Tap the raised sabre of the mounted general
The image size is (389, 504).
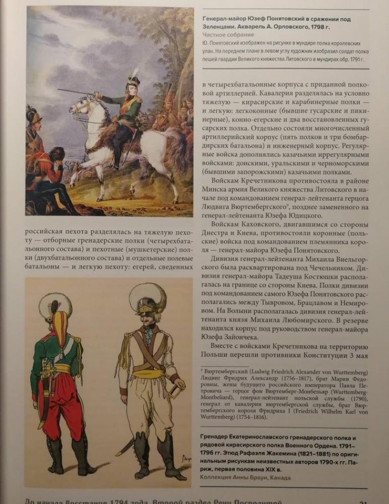pyautogui.click(x=76, y=92)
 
